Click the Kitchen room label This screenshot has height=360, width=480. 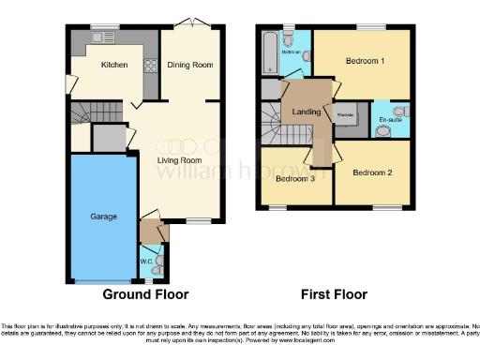pos(113,65)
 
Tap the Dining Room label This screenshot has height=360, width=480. pos(190,65)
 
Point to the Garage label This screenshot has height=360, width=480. pos(103,217)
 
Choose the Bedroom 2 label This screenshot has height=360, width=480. pos(372,172)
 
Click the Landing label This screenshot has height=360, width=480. pos(306,114)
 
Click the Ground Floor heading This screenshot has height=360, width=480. pos(144,293)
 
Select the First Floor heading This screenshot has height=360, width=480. pos(333,293)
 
